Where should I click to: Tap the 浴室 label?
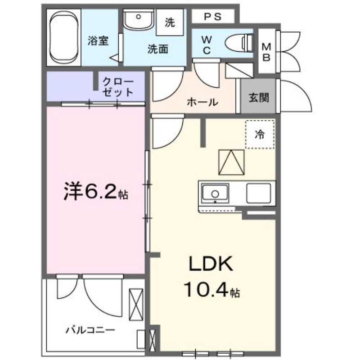[x=98, y=41]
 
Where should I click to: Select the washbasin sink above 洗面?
[x=139, y=21]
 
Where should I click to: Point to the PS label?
[x=213, y=17]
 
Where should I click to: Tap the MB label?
[x=266, y=52]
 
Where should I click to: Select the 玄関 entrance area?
[x=258, y=97]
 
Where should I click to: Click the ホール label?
[x=202, y=102]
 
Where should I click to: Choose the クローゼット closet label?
[x=118, y=87]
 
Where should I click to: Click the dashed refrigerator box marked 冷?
[x=260, y=134]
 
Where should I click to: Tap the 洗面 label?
[x=157, y=49]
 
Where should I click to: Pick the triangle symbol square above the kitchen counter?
[x=232, y=162]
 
